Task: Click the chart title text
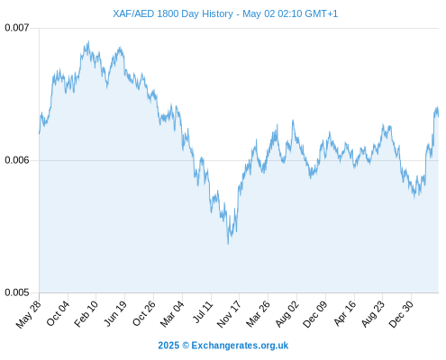click(x=225, y=13)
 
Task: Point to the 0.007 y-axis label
click(x=17, y=28)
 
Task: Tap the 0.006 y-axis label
click(x=17, y=160)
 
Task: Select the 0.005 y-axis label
click(x=17, y=292)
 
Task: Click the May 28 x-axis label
click(x=28, y=314)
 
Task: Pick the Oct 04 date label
click(x=58, y=313)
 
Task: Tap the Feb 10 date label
click(x=86, y=313)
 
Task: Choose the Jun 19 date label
click(x=115, y=313)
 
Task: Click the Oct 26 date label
click(x=144, y=313)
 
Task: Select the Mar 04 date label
click(x=172, y=313)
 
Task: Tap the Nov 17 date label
click(x=229, y=314)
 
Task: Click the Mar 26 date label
click(x=258, y=313)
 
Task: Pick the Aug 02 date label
click(x=287, y=313)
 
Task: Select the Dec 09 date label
click(x=315, y=314)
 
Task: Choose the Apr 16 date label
click(x=345, y=313)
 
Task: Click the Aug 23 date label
click(x=373, y=313)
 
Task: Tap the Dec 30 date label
click(x=401, y=314)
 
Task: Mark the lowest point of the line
click(x=228, y=244)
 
